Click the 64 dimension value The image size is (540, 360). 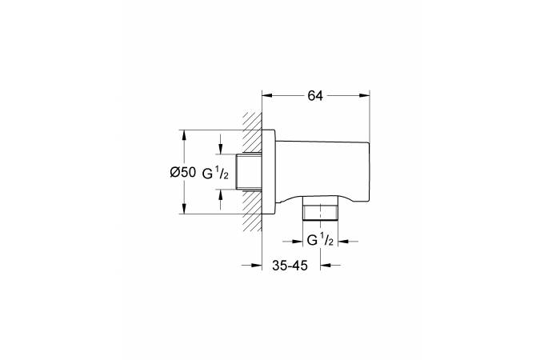pyautogui.click(x=315, y=95)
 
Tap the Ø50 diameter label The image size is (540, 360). pyautogui.click(x=183, y=172)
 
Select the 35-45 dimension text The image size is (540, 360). pyautogui.click(x=290, y=266)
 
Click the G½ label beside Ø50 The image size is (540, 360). pyautogui.click(x=215, y=174)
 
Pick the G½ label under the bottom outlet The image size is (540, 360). pyautogui.click(x=320, y=240)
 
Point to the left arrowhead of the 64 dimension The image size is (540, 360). pyautogui.click(x=267, y=95)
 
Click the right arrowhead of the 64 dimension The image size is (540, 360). pyautogui.click(x=364, y=95)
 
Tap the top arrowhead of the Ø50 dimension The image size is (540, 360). pyautogui.click(x=184, y=134)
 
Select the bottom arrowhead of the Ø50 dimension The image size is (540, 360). pyautogui.click(x=184, y=209)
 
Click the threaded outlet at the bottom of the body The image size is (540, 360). pyautogui.click(x=320, y=208)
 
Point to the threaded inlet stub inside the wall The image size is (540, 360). pyautogui.click(x=250, y=171)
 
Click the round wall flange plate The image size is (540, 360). pyautogui.click(x=269, y=172)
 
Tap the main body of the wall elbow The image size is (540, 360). pyautogui.click(x=322, y=171)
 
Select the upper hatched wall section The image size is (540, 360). pyautogui.click(x=252, y=132)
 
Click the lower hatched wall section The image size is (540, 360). pyautogui.click(x=252, y=210)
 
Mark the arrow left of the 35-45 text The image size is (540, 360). pyautogui.click(x=251, y=266)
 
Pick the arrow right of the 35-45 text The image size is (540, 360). pyautogui.click(x=330, y=266)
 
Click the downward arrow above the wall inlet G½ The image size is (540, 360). pyautogui.click(x=221, y=144)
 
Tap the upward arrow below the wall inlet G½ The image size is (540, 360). pyautogui.click(x=221, y=199)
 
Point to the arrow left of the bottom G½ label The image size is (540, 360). pyautogui.click(x=292, y=242)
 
